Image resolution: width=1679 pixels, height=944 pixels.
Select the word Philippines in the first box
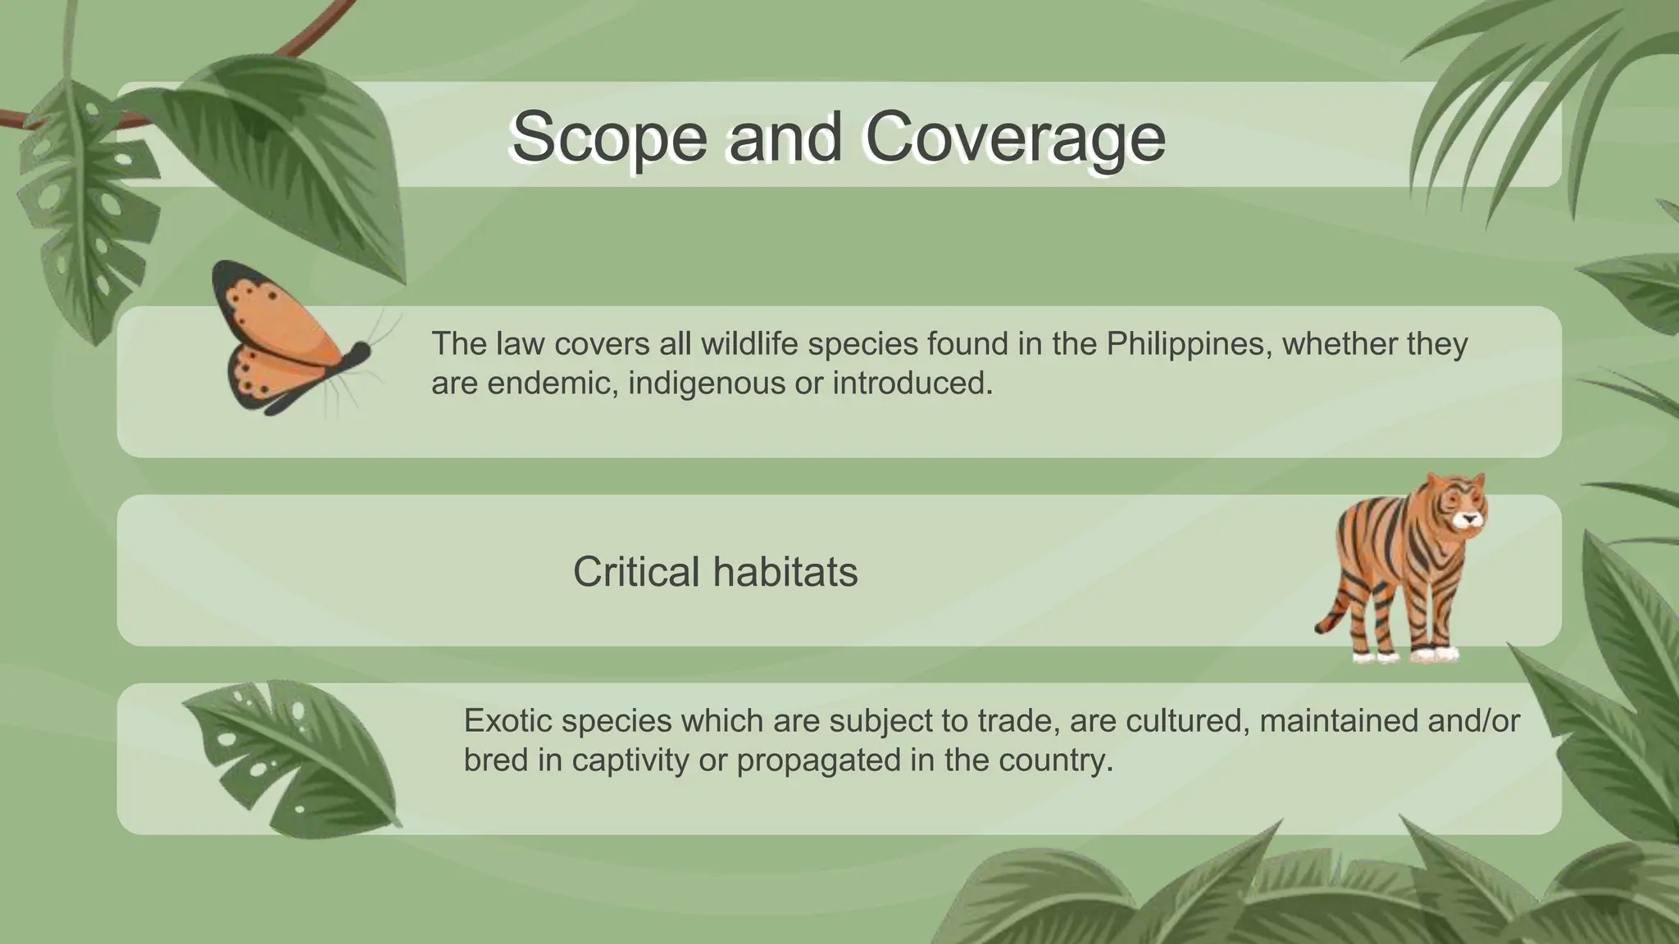[x=1188, y=343]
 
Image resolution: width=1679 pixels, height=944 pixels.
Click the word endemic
[x=525, y=383]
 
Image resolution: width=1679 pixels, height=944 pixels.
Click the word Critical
[x=636, y=571]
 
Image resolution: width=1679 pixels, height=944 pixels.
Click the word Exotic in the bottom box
[x=507, y=720]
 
